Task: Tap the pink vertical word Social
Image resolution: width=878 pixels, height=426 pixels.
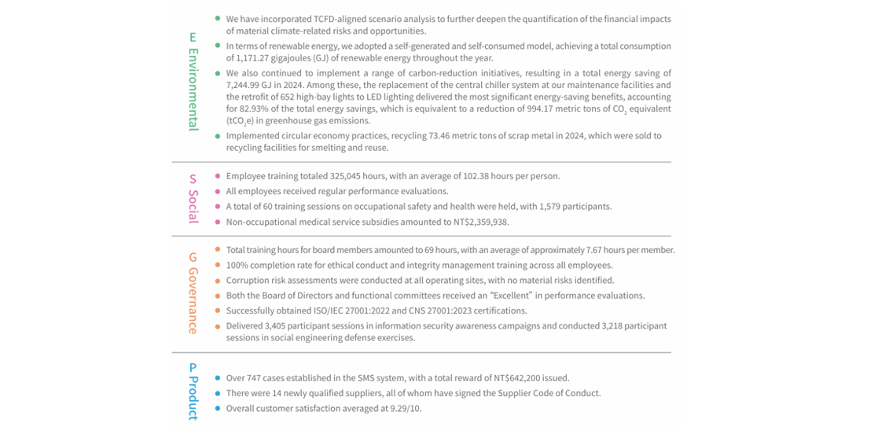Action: coord(193,205)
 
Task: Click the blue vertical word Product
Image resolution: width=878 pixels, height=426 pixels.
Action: coord(193,397)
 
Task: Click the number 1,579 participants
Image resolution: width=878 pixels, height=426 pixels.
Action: coord(553,207)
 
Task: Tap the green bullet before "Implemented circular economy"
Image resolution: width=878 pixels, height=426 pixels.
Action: coord(218,136)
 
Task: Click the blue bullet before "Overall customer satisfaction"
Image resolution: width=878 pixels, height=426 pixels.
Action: coord(218,409)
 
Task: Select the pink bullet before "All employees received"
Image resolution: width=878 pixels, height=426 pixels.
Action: coord(218,191)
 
